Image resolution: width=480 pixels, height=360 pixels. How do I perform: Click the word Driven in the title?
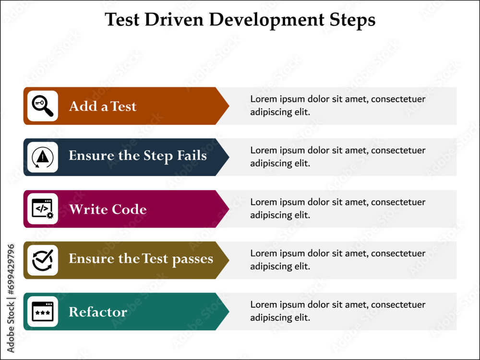pyautogui.click(x=174, y=20)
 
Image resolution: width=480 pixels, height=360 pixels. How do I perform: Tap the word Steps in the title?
pyautogui.click(x=352, y=20)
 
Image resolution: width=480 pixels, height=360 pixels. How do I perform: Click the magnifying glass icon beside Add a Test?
pyautogui.click(x=43, y=106)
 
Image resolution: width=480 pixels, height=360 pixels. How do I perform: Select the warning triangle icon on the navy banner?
pyautogui.click(x=43, y=157)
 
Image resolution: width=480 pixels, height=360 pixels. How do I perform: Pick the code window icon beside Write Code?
pyautogui.click(x=43, y=209)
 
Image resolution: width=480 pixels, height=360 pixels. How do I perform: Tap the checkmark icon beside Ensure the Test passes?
pyautogui.click(x=43, y=260)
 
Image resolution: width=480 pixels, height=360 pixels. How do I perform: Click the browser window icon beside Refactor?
pyautogui.click(x=43, y=312)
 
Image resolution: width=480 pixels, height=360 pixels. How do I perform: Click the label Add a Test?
pyautogui.click(x=103, y=106)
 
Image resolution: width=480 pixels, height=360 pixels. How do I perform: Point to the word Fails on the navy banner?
pyautogui.click(x=192, y=156)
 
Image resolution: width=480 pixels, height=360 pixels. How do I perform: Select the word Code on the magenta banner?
pyautogui.click(x=129, y=209)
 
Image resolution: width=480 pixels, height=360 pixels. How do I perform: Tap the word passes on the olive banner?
pyautogui.click(x=192, y=260)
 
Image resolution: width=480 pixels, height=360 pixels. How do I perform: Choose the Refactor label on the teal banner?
pyautogui.click(x=98, y=312)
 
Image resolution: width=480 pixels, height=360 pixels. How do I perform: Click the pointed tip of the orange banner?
pyautogui.click(x=229, y=106)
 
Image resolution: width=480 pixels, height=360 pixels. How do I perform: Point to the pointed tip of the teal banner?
pyautogui.click(x=229, y=312)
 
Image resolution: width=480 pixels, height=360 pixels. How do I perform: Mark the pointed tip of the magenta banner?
pyautogui.click(x=229, y=209)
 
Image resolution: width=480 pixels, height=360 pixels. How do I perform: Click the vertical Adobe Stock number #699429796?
pyautogui.click(x=11, y=269)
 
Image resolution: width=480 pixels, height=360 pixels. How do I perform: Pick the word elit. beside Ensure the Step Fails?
pyautogui.click(x=302, y=163)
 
